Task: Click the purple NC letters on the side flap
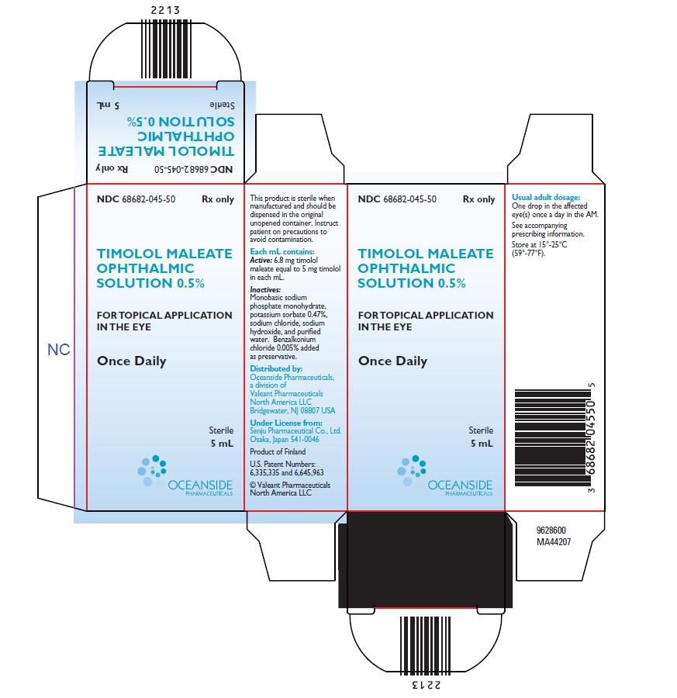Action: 59,350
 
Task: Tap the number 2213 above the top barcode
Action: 165,10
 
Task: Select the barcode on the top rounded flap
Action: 167,49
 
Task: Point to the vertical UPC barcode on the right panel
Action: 553,438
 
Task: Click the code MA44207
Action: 553,542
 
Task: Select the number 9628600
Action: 551,530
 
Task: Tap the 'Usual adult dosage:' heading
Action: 546,197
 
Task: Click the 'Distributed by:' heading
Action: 276,368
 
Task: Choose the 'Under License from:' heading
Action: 285,423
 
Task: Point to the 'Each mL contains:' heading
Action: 282,251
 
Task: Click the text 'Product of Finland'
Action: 278,452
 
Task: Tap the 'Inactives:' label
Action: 265,290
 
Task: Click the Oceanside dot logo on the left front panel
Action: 152,470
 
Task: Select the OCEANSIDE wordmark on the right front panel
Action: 460,485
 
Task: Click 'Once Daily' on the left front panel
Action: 132,361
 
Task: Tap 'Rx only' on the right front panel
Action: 479,199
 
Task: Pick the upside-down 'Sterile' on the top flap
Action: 222,105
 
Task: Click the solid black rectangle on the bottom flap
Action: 426,559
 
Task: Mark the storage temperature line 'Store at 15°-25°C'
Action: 540,244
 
